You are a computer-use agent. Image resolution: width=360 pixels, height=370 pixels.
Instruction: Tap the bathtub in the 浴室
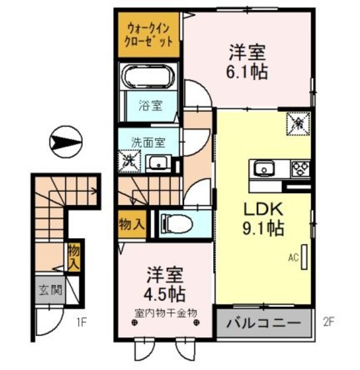pos(149,78)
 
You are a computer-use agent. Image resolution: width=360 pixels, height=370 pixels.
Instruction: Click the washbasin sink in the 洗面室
pos(157,164)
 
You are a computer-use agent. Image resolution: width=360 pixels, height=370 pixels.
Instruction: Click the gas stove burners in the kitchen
pos(300,169)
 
